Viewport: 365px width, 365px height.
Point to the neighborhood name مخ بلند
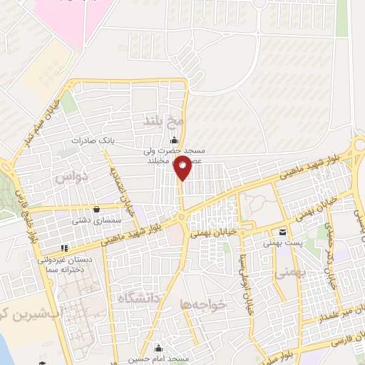click(x=173, y=122)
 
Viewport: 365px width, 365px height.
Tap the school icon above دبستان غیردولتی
click(x=65, y=249)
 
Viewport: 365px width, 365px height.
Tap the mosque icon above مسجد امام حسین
click(x=159, y=349)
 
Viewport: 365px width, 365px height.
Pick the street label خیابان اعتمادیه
click(x=115, y=182)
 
